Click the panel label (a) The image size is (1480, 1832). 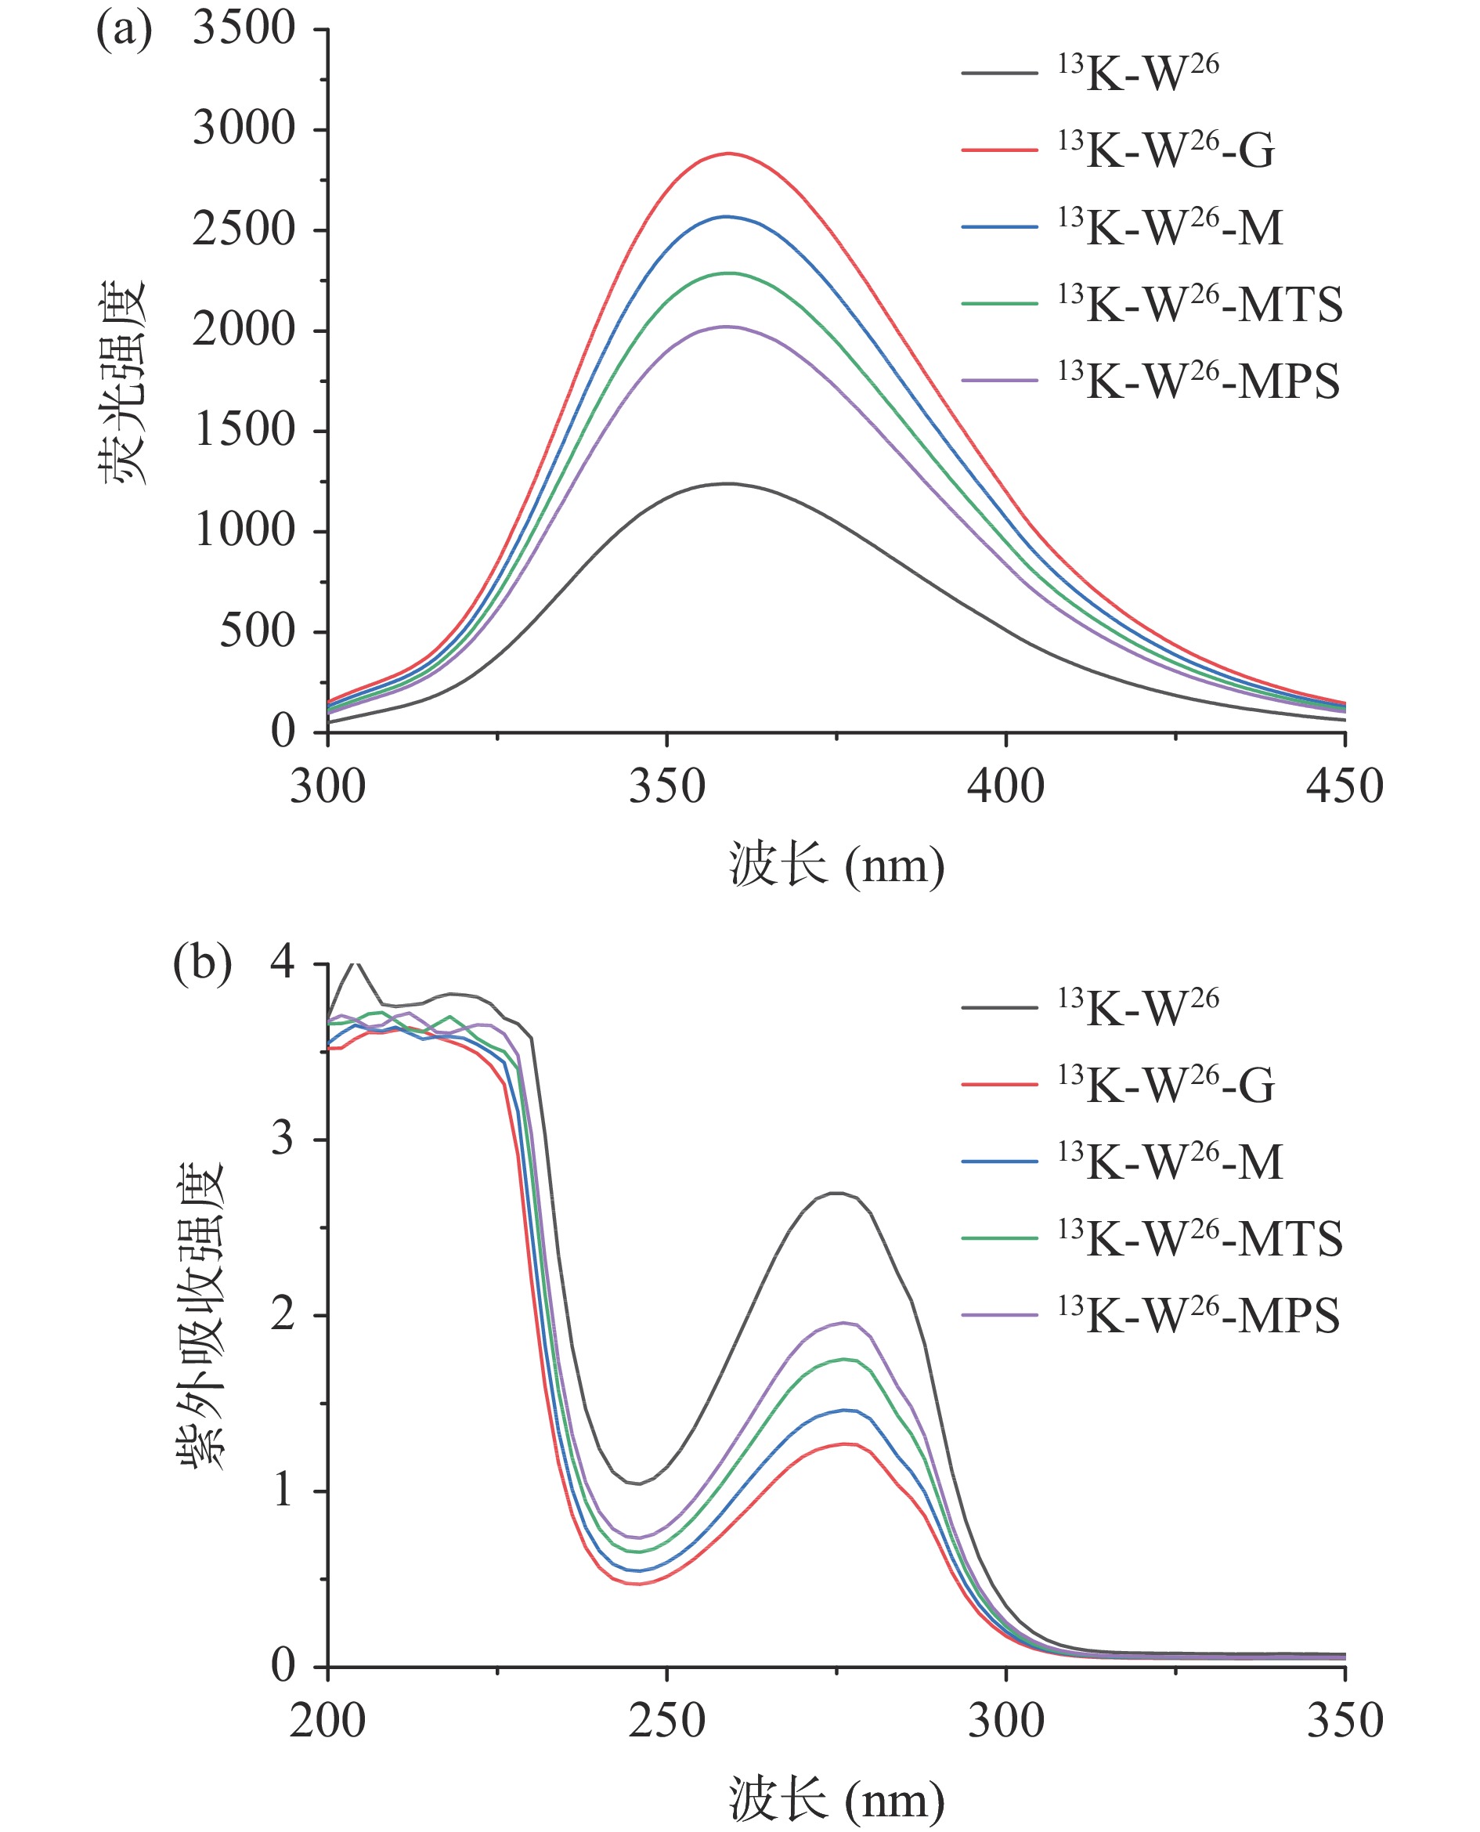click(124, 31)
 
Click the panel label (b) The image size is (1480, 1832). click(202, 963)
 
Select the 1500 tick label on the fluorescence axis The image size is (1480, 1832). click(244, 430)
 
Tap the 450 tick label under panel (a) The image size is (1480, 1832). click(1344, 787)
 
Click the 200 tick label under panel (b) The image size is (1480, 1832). click(327, 1720)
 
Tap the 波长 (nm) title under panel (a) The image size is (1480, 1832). click(836, 866)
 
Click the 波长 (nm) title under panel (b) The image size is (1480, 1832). click(836, 1801)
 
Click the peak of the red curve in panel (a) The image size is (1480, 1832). click(728, 154)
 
